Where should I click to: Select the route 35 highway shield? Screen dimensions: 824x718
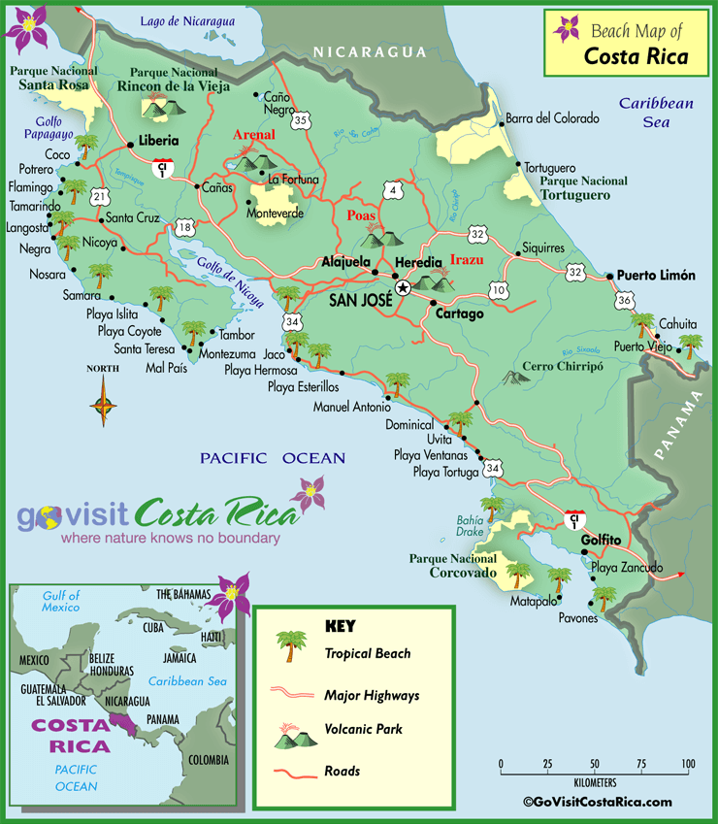(303, 120)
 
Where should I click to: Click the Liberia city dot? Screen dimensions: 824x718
(130, 146)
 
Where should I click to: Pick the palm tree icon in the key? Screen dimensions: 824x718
(289, 644)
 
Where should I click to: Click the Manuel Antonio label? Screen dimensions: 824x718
(351, 408)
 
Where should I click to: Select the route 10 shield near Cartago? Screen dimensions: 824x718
(499, 290)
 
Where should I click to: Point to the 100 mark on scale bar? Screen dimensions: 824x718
(687, 764)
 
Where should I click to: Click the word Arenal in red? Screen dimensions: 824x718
(254, 135)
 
